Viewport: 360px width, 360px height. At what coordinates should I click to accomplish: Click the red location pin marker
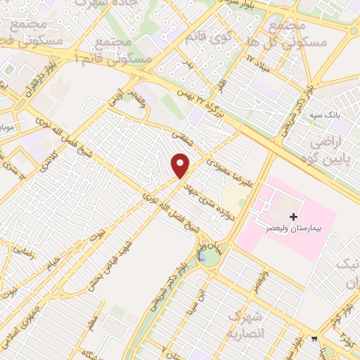181,166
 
